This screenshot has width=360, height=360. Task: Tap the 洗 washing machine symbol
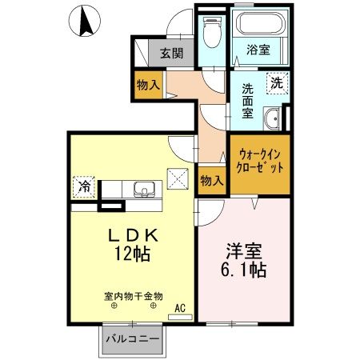tap(275, 81)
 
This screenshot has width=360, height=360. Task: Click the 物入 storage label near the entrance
tap(148, 82)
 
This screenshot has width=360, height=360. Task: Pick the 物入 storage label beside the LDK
tap(211, 181)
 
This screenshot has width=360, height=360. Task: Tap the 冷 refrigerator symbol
tap(84, 186)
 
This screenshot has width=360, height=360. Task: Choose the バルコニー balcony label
tap(131, 340)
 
